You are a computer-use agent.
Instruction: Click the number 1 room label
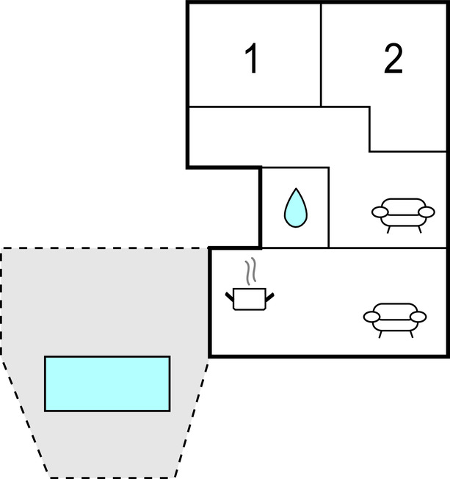[x=252, y=60]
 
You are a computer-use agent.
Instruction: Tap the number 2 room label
[x=393, y=60]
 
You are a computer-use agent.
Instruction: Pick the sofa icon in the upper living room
[x=402, y=214]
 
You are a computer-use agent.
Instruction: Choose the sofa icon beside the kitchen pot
[x=394, y=317]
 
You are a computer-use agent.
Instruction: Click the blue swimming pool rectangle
[x=107, y=383]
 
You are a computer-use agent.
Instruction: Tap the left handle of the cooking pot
[x=228, y=295]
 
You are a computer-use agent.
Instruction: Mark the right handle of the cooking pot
[x=269, y=296]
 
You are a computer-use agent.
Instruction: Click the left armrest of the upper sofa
[x=380, y=213]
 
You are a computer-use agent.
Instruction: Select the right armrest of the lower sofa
[x=418, y=317]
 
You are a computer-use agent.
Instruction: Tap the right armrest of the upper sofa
[x=426, y=212]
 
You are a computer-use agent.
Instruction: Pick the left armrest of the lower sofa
[x=371, y=317]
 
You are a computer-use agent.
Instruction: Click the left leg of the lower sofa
[x=382, y=333]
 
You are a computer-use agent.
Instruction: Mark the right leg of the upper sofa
[x=420, y=228]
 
